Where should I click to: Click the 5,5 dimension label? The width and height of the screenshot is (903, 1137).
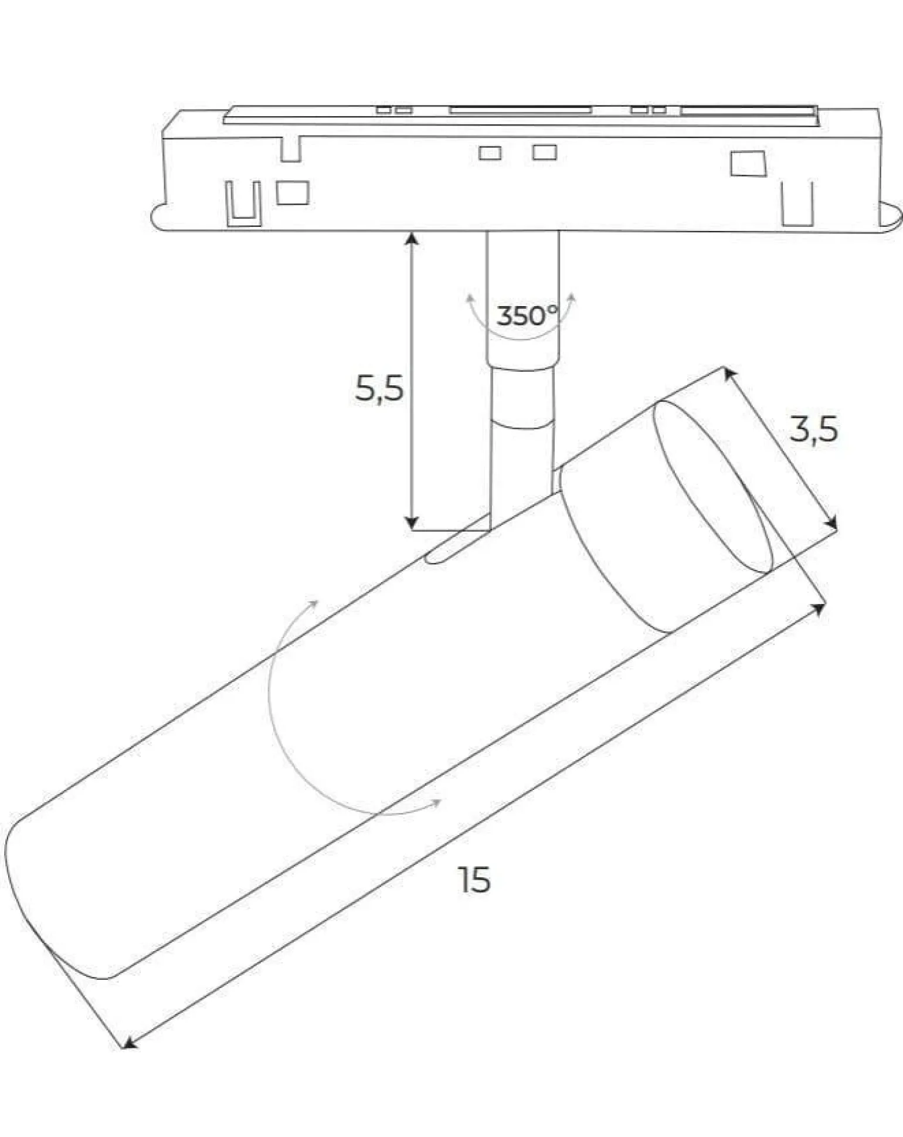[379, 388]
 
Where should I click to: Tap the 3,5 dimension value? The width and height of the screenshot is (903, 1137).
[813, 430]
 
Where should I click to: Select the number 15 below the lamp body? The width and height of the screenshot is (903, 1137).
[474, 880]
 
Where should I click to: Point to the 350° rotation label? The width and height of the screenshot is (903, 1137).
[527, 316]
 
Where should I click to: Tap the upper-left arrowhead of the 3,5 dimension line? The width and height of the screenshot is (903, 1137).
[729, 373]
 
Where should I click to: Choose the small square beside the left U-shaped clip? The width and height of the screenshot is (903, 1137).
[293, 193]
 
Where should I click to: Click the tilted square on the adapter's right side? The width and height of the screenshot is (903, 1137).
[748, 164]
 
